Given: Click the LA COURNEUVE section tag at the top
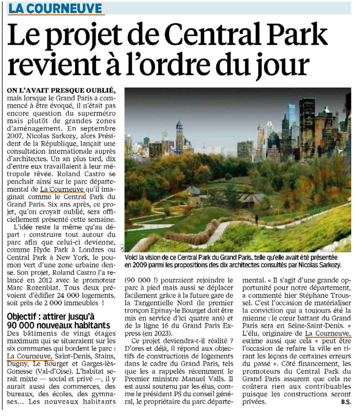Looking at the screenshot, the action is point(56,8).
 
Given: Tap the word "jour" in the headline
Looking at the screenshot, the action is point(280,65).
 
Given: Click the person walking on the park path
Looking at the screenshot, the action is point(256,219).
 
